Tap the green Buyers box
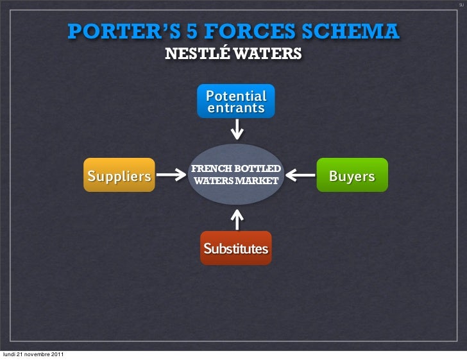tap(352, 176)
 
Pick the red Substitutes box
tap(235, 248)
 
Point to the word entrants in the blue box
tap(235, 108)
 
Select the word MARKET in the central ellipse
tap(259, 180)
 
